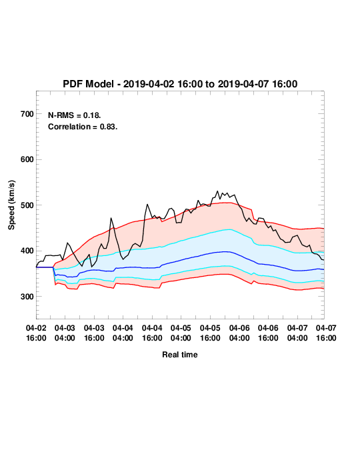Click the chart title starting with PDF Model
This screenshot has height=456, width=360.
coord(180,84)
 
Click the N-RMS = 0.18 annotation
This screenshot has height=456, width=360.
coord(75,115)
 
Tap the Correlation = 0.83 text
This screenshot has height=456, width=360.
coord(83,127)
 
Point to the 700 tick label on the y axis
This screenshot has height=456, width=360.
coord(27,114)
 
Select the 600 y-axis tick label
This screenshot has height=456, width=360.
coord(27,159)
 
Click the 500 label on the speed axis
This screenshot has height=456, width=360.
coord(27,205)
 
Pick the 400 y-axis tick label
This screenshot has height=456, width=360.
coord(27,251)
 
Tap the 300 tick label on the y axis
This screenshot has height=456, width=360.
coord(27,297)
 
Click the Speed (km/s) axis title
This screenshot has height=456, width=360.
coord(11,205)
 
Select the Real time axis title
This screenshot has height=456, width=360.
coord(180,355)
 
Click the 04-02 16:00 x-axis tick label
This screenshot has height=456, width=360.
coord(36,333)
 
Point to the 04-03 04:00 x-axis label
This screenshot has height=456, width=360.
coord(65,333)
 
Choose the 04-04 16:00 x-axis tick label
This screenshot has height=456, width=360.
coord(152,333)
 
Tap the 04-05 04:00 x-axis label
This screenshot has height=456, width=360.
coord(181,333)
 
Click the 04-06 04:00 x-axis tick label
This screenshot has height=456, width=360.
coord(239,333)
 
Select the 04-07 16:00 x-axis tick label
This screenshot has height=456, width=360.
coord(326,333)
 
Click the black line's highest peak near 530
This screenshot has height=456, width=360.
coord(217,191)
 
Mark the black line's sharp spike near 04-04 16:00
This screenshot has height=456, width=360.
coord(147,205)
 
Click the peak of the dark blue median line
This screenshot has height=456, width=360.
coord(227,252)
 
